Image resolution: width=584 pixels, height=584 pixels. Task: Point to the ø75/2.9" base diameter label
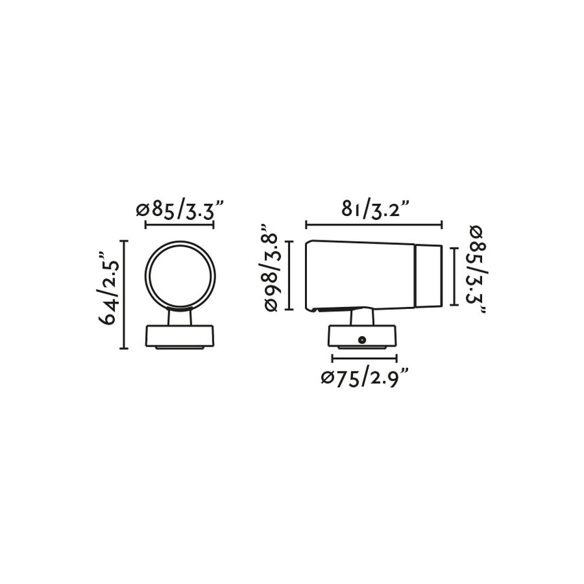pyautogui.click(x=365, y=378)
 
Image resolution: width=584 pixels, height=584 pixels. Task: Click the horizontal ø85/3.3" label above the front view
pyautogui.click(x=180, y=210)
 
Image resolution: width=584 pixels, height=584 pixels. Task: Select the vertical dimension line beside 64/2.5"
pyautogui.click(x=124, y=294)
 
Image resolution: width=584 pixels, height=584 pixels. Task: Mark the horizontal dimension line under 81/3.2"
pyautogui.click(x=374, y=225)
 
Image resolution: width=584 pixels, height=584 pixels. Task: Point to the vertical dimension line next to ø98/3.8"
pyautogui.click(x=290, y=275)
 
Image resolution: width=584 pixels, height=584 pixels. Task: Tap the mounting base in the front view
pyautogui.click(x=181, y=336)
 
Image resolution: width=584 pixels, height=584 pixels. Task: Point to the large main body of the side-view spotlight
pyautogui.click(x=360, y=275)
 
